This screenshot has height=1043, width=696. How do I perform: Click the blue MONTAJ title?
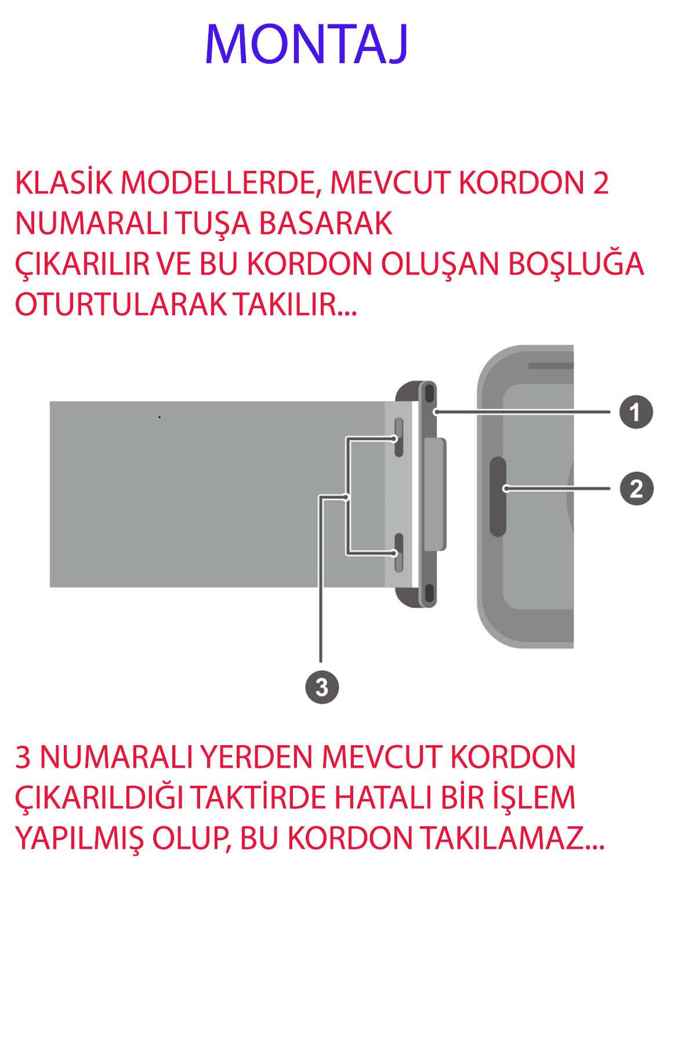(307, 45)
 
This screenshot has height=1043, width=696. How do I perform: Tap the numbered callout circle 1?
(636, 412)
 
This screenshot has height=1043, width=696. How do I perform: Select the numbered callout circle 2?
(636, 488)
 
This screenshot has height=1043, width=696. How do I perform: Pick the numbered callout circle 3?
(322, 687)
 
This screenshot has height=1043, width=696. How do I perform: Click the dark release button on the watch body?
(498, 496)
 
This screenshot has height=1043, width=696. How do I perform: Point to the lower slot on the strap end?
(398, 553)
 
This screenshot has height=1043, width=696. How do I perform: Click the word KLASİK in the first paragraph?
(64, 183)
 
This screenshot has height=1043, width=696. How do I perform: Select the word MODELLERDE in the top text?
(221, 183)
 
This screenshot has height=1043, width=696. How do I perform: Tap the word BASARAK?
(325, 224)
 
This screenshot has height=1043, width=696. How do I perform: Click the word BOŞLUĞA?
(576, 264)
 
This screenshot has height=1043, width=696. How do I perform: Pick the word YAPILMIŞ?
(79, 838)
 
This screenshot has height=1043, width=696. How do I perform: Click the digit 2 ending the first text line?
(601, 183)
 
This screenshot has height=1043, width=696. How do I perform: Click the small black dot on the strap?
(159, 417)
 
